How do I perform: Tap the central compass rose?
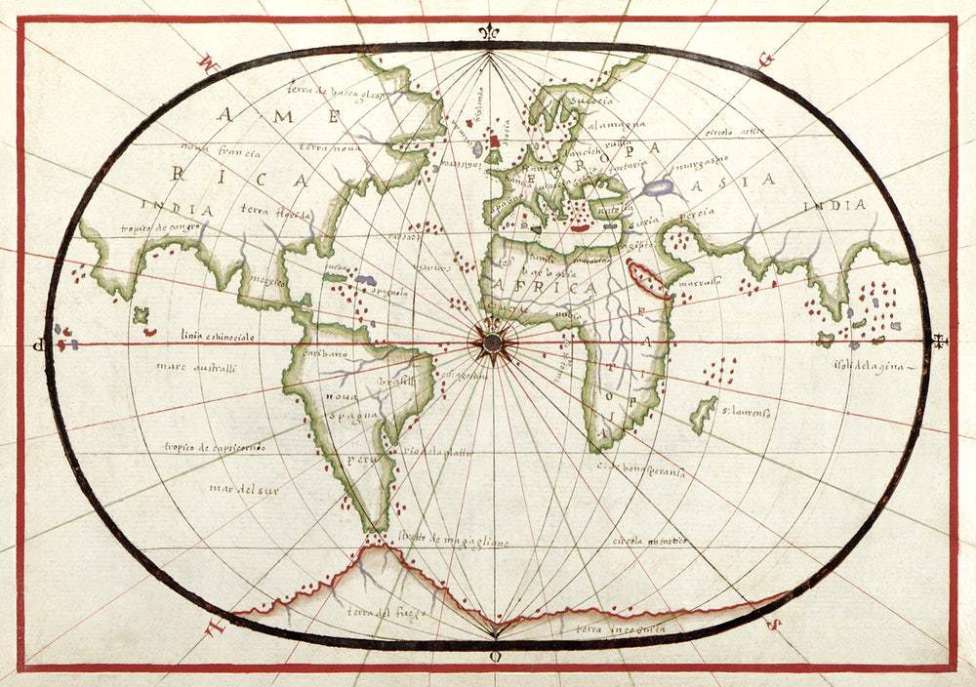coord(492,342)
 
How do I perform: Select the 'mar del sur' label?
coord(243,489)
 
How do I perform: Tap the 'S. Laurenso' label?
coord(748,414)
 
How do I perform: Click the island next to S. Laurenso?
coord(703,414)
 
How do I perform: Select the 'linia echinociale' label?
coord(216,336)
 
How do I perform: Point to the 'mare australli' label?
coord(194,367)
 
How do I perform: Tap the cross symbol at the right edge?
coord(939,342)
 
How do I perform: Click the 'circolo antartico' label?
coord(650,540)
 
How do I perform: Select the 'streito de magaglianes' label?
coord(452,540)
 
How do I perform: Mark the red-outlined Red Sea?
coord(648,279)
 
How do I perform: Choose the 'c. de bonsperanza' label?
coord(641,469)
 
